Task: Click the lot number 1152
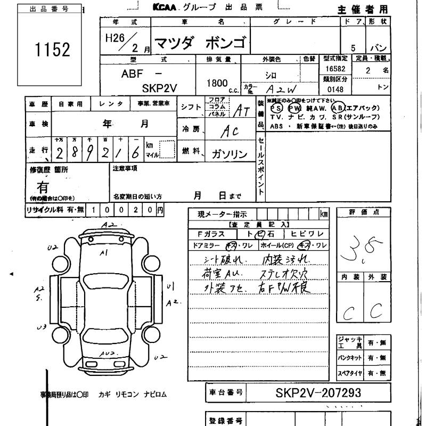(52, 50)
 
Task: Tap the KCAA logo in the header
(165, 7)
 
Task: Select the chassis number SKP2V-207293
(318, 393)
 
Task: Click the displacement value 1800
(216, 84)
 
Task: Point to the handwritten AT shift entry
(242, 110)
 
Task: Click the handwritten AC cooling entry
(230, 131)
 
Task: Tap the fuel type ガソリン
(230, 154)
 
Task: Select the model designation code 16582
(333, 69)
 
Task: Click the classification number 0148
(335, 89)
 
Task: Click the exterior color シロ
(271, 76)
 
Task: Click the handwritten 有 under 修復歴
(43, 187)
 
